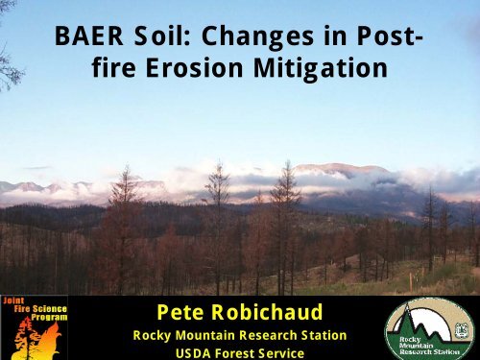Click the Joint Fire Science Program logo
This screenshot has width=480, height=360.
34,327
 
